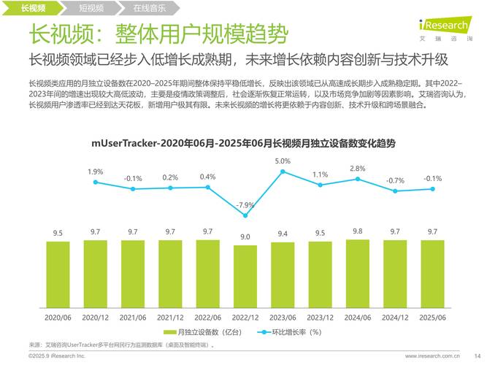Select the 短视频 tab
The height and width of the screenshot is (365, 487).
click(x=91, y=9)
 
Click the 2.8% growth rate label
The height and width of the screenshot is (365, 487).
click(x=357, y=169)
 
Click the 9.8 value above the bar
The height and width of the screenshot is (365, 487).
click(x=357, y=231)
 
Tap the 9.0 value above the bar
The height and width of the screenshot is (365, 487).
click(x=245, y=237)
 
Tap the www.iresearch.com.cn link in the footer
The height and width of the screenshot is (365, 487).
click(x=432, y=356)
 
